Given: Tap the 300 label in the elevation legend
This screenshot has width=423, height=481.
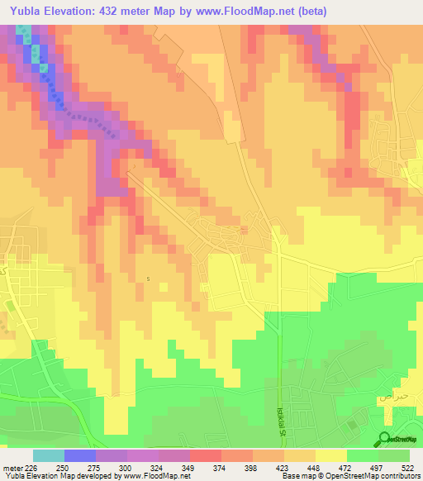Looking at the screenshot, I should click(127, 467).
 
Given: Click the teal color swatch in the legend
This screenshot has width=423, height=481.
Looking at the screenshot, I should click(49, 455).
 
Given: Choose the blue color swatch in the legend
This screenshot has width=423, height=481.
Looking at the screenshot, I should click(80, 455).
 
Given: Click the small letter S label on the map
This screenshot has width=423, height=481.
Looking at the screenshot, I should click(148, 278).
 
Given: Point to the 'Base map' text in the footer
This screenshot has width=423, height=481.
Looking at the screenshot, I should click(304, 476).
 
